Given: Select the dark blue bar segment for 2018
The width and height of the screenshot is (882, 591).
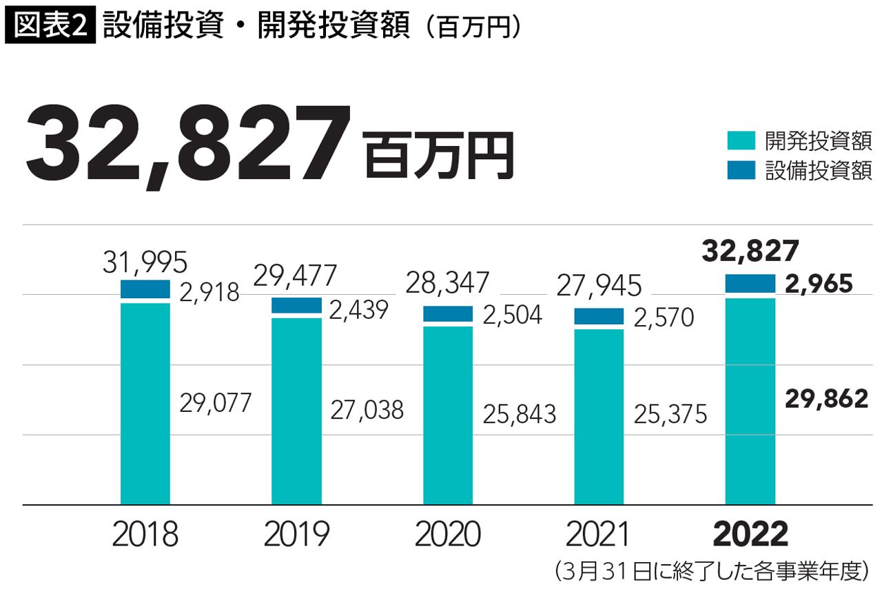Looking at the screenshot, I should tap(145, 289).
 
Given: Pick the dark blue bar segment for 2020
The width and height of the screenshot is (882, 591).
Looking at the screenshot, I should tap(448, 313).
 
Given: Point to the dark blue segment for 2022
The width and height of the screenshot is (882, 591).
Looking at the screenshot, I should tap(750, 283).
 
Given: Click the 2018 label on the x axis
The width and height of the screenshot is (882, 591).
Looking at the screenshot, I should tap(145, 535).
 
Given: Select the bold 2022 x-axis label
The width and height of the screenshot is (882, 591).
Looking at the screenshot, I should tap(750, 535).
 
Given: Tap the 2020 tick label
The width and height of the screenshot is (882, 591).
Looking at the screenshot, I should tap(448, 535).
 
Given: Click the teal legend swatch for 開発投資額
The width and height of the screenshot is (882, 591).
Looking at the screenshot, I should tap(741, 141).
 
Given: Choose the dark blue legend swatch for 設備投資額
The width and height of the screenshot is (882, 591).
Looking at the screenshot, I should tap(741, 169).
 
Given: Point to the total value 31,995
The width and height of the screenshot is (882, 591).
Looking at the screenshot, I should tap(145, 262).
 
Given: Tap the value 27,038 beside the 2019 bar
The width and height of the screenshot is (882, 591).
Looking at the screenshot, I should tap(367, 411).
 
